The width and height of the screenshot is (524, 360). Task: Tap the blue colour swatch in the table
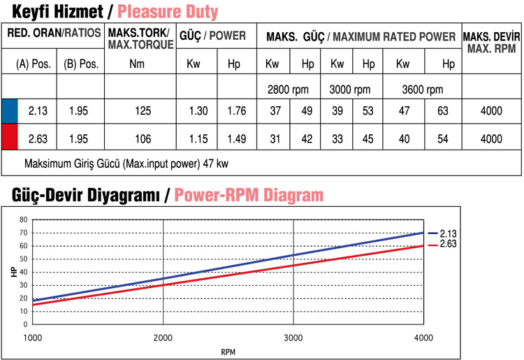click(10, 110)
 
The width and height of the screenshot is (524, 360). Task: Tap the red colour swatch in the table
click(10, 138)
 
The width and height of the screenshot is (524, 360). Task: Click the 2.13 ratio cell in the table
click(37, 110)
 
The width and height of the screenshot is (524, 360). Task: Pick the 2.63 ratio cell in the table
click(37, 138)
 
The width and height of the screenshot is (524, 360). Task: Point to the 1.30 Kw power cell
click(198, 110)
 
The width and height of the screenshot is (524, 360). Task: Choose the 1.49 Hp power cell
click(237, 138)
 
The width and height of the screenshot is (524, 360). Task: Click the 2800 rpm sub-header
click(287, 89)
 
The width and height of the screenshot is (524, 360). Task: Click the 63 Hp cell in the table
click(442, 110)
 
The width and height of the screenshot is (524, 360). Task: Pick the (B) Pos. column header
click(80, 64)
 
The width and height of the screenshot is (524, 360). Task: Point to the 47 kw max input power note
click(126, 164)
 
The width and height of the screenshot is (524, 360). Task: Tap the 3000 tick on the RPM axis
click(293, 336)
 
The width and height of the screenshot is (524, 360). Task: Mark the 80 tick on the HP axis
click(24, 219)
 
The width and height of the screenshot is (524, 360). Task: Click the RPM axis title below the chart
click(228, 351)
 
